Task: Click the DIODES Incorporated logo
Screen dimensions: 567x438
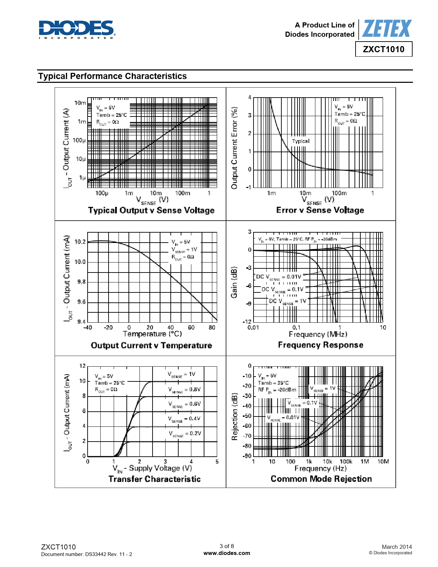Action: pos(77,29)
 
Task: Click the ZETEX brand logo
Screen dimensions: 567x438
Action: pos(386,29)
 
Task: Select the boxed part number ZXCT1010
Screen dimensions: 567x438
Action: pos(384,49)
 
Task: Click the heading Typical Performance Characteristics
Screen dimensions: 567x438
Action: pos(112,76)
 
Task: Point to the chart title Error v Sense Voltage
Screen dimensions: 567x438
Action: pos(320,210)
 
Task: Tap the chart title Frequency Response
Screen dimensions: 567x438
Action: pos(321,345)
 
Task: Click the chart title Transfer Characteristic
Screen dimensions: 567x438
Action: pos(154,479)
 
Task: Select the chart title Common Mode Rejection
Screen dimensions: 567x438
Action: pos(321,479)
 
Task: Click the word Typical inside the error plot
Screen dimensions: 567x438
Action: pos(301,141)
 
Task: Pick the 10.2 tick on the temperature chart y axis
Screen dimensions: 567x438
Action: pos(80,242)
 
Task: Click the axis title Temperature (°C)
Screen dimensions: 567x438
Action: pos(152,334)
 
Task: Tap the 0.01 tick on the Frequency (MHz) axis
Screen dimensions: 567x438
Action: pos(253,327)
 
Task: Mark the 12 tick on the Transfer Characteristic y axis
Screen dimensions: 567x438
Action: pos(82,366)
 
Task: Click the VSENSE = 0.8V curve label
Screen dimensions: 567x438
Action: pos(184,390)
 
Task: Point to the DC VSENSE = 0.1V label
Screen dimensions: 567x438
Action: pos(282,290)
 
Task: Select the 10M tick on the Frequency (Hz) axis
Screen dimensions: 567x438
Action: pos(383,462)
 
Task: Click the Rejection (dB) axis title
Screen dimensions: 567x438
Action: pos(235,416)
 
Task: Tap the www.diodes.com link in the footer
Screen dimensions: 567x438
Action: pos(227,553)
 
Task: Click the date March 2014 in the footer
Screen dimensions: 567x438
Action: pos(396,547)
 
